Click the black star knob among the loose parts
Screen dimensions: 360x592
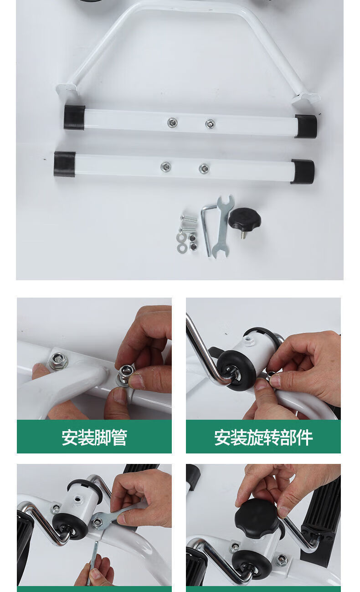(245, 219)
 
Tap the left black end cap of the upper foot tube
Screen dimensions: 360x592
(74, 117)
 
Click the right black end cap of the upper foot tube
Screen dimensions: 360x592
(306, 126)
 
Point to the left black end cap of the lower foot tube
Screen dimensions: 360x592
(65, 164)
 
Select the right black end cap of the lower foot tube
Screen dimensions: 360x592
(303, 172)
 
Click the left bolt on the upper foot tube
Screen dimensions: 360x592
(172, 122)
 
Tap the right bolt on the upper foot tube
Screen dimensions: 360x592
(210, 124)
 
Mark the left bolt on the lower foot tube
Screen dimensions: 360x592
(166, 166)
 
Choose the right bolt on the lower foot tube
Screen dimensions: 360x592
(204, 168)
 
